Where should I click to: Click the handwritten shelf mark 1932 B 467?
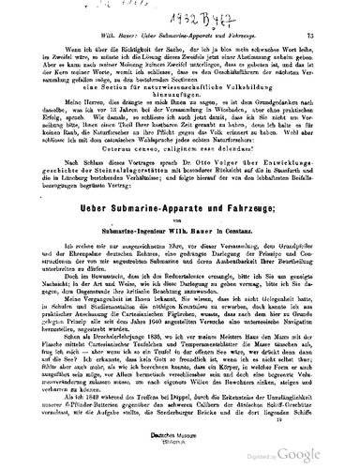(x=187, y=15)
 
